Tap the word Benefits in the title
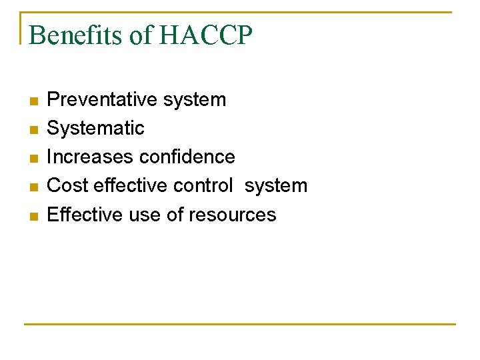77,35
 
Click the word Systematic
95,128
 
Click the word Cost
67,185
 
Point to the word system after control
276,185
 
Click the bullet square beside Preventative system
33,101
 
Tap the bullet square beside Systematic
33,130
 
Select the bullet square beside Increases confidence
33,159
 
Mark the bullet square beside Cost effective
33,187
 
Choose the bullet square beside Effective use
33,216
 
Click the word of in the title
140,35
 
